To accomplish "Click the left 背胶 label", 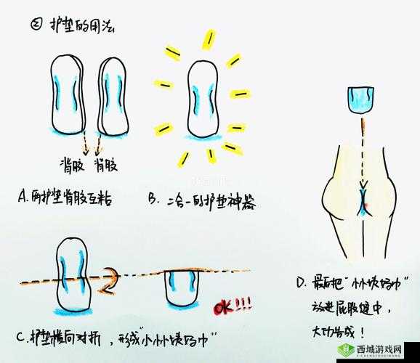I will tap(70, 166).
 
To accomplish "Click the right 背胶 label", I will tap(106, 166).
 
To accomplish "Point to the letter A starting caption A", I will tap(21, 197).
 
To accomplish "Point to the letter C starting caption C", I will tap(20, 338).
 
